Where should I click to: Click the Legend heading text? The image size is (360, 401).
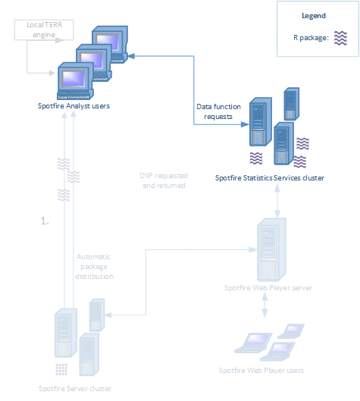pyautogui.click(x=313, y=15)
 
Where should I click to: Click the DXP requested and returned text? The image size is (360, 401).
pyautogui.click(x=163, y=180)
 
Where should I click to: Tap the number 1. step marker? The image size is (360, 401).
pyautogui.click(x=45, y=221)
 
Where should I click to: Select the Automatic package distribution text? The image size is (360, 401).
pyautogui.click(x=95, y=267)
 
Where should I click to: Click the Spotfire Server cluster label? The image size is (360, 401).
pyautogui.click(x=75, y=389)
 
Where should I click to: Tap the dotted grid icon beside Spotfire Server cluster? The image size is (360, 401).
pyautogui.click(x=62, y=369)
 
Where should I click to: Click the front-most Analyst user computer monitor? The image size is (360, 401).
pyautogui.click(x=74, y=79)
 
